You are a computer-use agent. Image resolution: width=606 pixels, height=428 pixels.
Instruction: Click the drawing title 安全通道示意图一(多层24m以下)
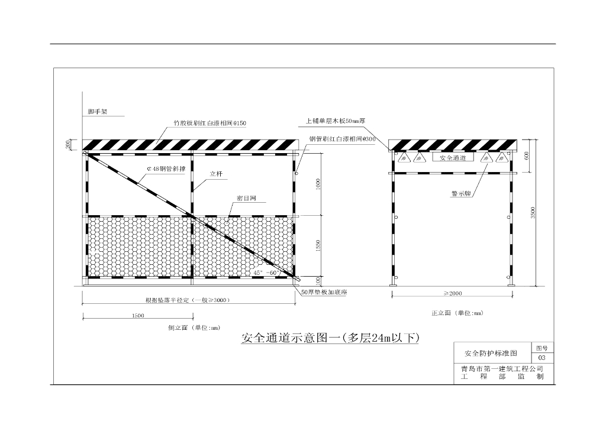330,339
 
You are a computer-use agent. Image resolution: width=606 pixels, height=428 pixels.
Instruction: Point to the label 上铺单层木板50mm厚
337,121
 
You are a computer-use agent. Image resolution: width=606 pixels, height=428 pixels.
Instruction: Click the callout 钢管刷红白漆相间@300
342,139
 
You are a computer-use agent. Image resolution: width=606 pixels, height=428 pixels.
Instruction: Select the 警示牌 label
460,194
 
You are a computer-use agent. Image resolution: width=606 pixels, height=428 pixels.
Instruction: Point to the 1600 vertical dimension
318,183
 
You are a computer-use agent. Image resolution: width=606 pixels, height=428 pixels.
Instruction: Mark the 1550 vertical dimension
318,245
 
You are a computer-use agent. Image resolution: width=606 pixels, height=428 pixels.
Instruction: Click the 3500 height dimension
533,213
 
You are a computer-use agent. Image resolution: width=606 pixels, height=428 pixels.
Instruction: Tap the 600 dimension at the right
527,156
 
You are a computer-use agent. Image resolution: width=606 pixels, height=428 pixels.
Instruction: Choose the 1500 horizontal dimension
137,316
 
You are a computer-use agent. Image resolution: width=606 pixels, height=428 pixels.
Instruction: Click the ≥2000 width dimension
453,294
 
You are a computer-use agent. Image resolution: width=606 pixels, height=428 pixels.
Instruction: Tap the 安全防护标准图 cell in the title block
491,354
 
